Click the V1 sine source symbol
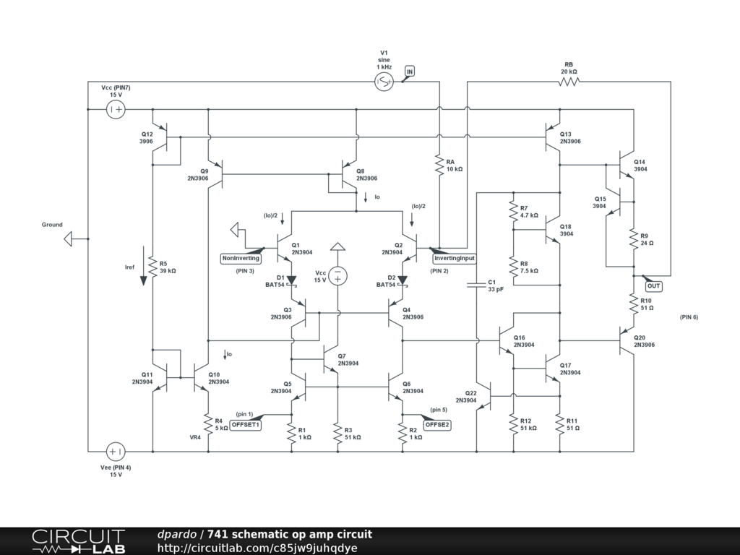tap(384, 82)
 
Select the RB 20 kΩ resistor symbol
tap(569, 82)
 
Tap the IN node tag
tap(410, 72)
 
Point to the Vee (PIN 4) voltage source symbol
tap(116, 452)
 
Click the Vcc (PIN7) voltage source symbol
tap(116, 109)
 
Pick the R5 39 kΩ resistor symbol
tap(153, 267)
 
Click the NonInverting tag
tap(241, 258)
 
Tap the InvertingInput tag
tap(454, 258)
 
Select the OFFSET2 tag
tap(436, 425)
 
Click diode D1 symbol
tap(291, 280)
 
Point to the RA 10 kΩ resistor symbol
tap(439, 165)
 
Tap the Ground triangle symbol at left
tap(68, 238)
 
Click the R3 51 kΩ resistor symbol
tap(337, 433)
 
